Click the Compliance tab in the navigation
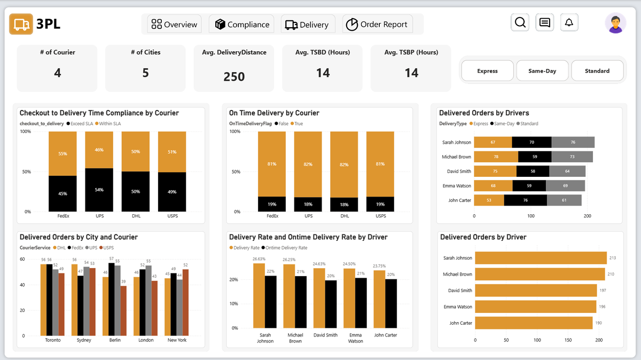coord(241,25)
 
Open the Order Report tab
coord(377,25)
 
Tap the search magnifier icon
coord(520,22)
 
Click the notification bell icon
coord(569,22)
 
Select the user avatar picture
coord(615,23)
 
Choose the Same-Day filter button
coord(542,71)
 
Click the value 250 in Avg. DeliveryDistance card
coord(234,77)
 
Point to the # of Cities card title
coord(145,52)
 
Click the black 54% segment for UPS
coord(99,190)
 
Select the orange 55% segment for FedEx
coord(62,153)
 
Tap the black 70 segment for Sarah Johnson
coord(531,142)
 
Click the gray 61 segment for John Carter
coord(564,200)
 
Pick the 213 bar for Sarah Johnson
coord(540,258)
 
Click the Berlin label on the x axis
coord(115,340)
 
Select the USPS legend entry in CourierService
coord(108,248)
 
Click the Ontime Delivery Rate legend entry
coord(286,248)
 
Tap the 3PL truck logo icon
coord(21,25)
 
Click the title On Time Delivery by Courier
coord(274,113)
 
